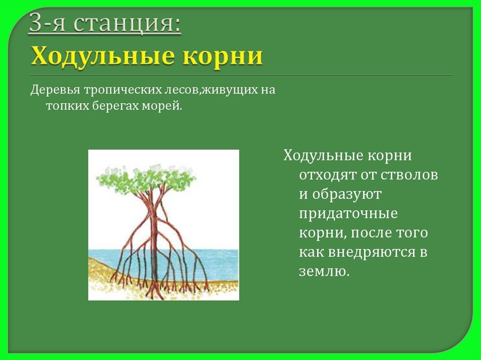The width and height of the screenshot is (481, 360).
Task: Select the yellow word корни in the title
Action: click(223, 56)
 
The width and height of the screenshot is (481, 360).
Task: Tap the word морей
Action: click(162, 107)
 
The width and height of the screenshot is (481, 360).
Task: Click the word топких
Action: click(68, 107)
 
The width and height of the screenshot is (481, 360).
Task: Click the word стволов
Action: click(409, 175)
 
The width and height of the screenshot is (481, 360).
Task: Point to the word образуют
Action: click(347, 194)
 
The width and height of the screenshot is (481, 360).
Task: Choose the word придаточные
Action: click(348, 214)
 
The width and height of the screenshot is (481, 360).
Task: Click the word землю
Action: click(324, 271)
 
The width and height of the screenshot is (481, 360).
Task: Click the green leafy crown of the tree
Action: click(146, 179)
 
